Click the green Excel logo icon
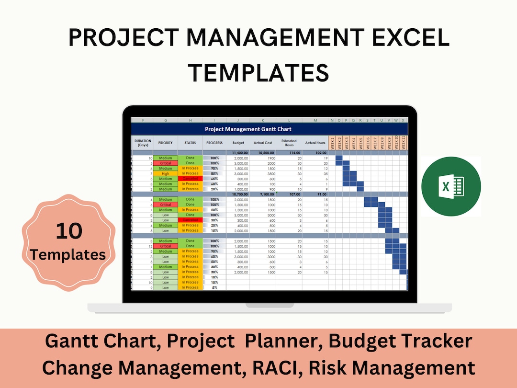pos(451,186)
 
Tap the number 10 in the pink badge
pos(69,231)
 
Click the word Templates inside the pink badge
pos(68,254)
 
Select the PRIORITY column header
pos(165,143)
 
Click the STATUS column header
pos(190,143)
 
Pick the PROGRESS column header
pos(214,143)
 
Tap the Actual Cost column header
pos(263,143)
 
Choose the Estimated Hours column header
pos(289,143)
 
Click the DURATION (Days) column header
pos(143,143)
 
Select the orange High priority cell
pos(165,174)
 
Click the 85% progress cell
pos(214,174)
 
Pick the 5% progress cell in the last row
pos(214,287)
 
